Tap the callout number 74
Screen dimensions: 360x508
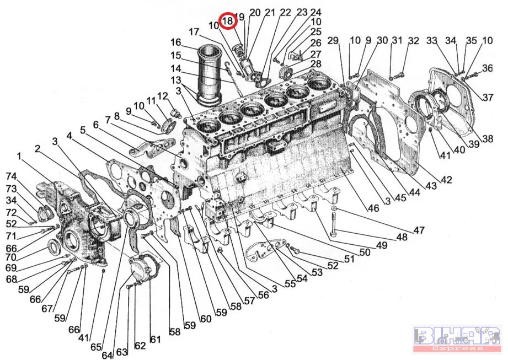(12, 176)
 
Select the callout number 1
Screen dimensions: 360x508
(19, 157)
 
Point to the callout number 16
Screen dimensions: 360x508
(176, 42)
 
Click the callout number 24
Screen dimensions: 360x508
(316, 12)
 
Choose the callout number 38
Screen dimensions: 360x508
(487, 139)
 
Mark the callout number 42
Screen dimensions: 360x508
(446, 179)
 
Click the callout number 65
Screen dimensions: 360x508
(95, 347)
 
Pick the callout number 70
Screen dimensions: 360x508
(12, 256)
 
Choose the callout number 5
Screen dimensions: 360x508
(83, 130)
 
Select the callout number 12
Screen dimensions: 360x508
(162, 96)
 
